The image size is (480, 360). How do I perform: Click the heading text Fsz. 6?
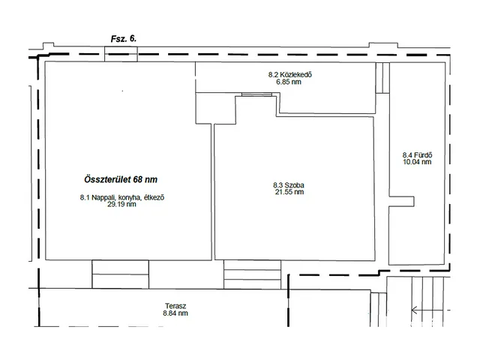coord(123,39)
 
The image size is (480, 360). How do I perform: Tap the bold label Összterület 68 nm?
coord(121,179)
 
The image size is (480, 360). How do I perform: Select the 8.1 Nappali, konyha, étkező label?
coord(122,197)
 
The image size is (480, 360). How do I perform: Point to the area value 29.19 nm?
coord(121,204)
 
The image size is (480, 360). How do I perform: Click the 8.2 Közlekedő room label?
coord(290,74)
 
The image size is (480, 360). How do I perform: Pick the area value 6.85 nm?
coord(289,82)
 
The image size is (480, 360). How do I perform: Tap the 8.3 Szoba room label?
coord(289,185)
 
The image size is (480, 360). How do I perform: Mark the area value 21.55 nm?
coord(289,192)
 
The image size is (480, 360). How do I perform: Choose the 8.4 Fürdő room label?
coord(417,155)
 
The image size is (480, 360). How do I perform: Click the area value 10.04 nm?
coord(417,162)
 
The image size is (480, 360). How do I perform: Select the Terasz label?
coord(175,306)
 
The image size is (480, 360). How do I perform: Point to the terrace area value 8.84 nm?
coord(175,313)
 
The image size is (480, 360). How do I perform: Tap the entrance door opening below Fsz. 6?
coord(121,54)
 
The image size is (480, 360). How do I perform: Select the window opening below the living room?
coord(120,274)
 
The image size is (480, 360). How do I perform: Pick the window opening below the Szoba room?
coord(252,274)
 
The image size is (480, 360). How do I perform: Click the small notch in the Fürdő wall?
coord(402,202)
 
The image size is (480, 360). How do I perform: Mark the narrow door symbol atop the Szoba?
coord(256,94)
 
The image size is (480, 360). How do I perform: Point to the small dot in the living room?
coord(123,91)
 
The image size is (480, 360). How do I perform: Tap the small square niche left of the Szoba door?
coord(215,108)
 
